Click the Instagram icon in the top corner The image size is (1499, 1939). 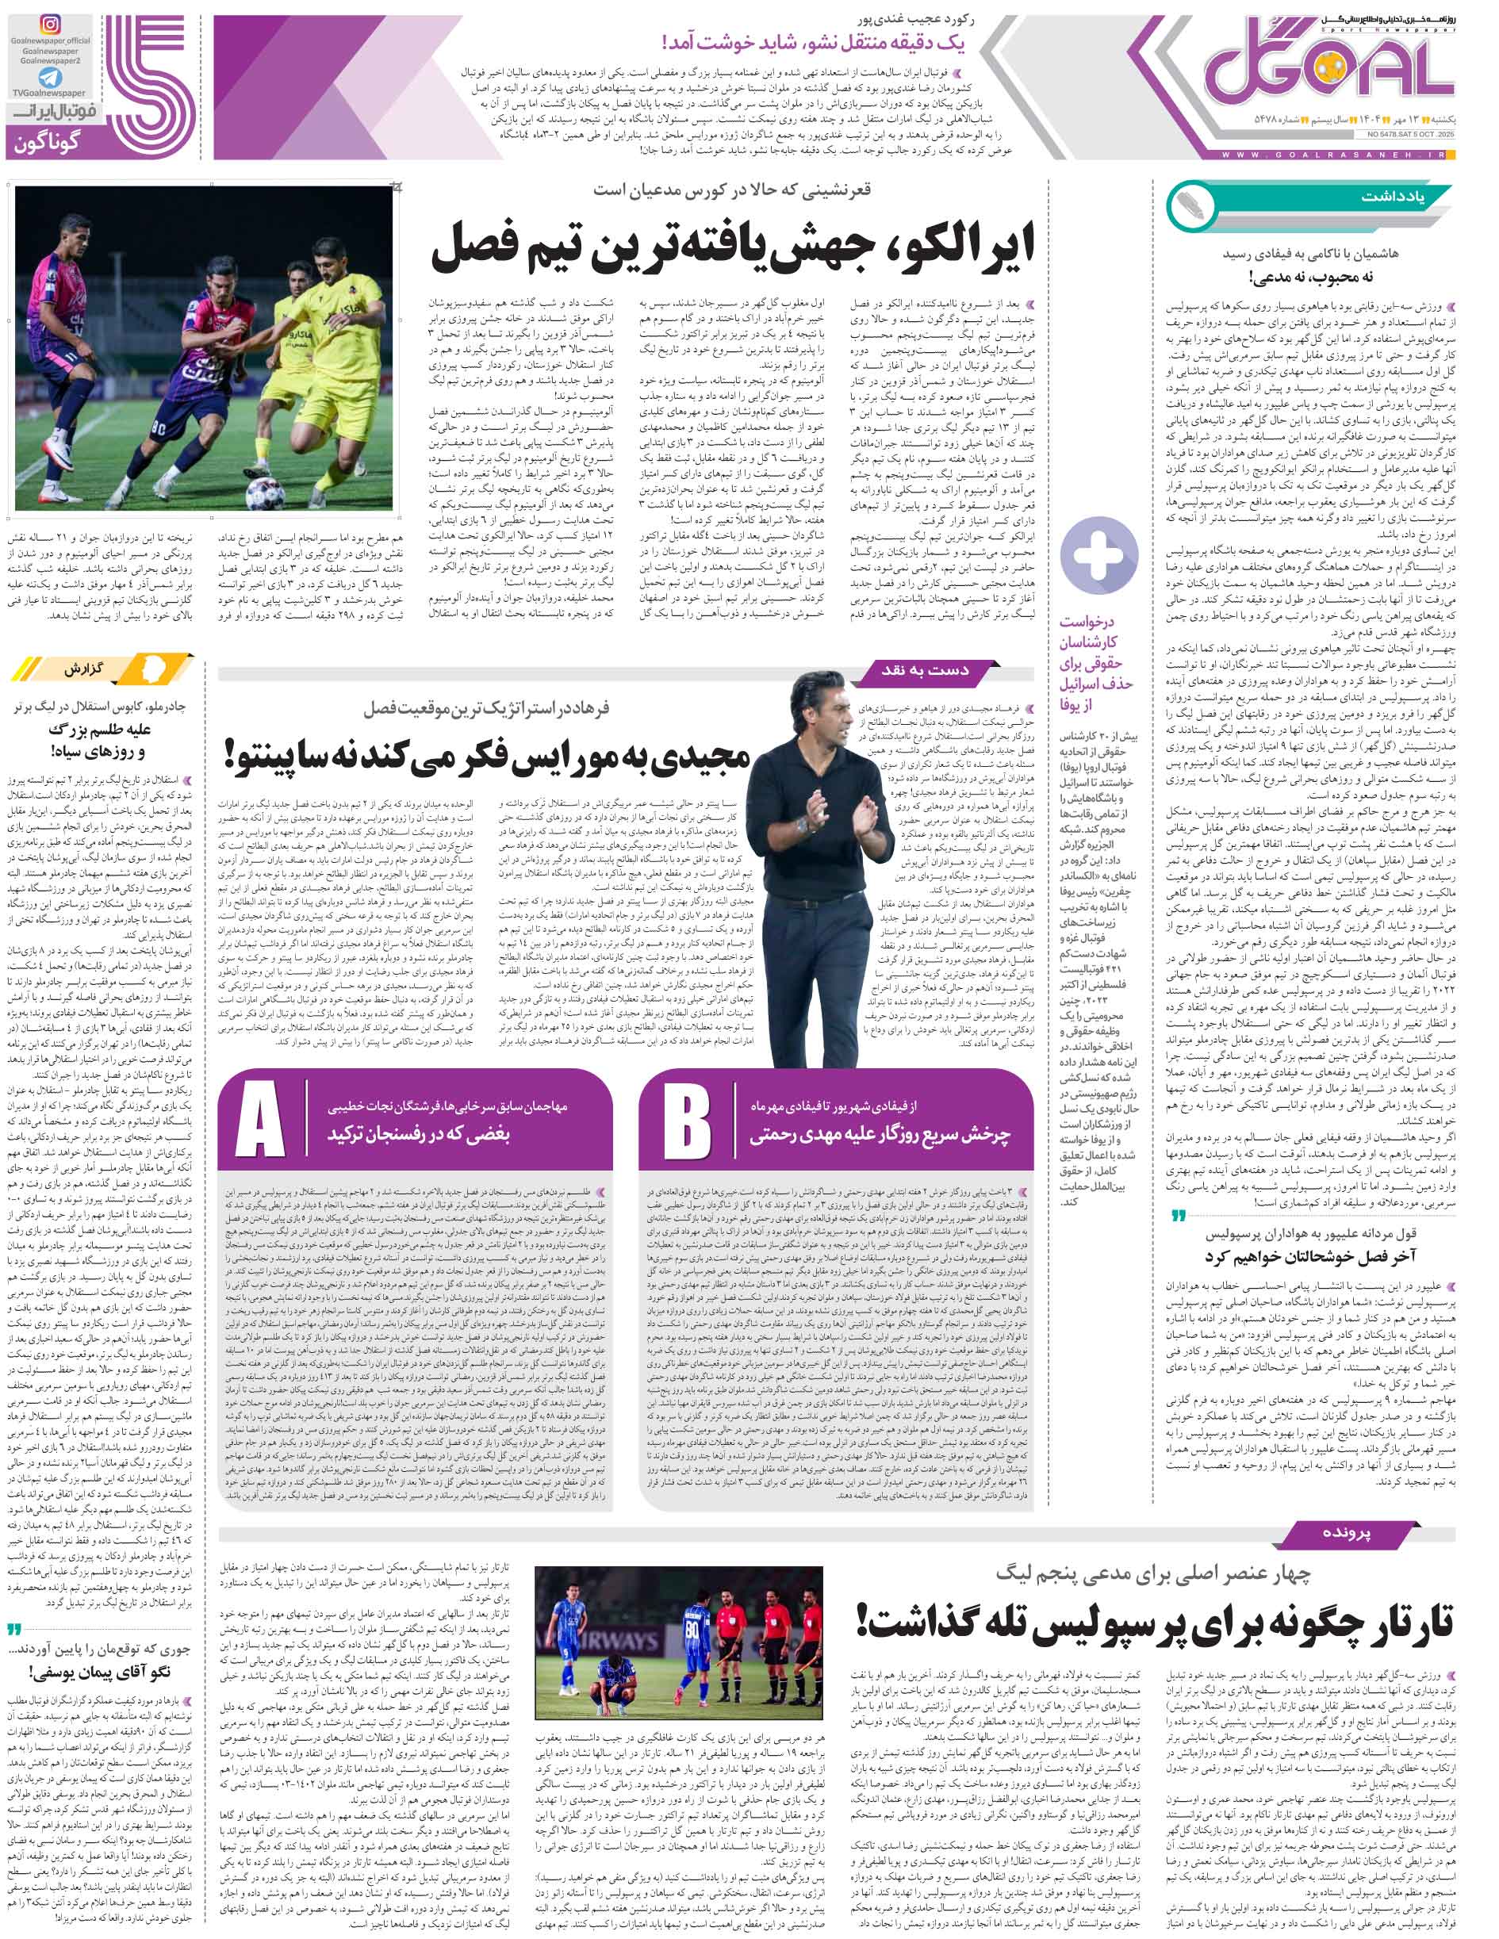click(51, 24)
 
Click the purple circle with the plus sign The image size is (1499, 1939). click(1099, 556)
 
